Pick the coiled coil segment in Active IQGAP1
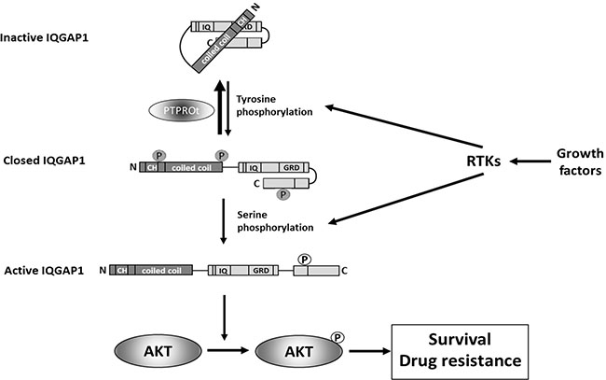(x=164, y=269)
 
